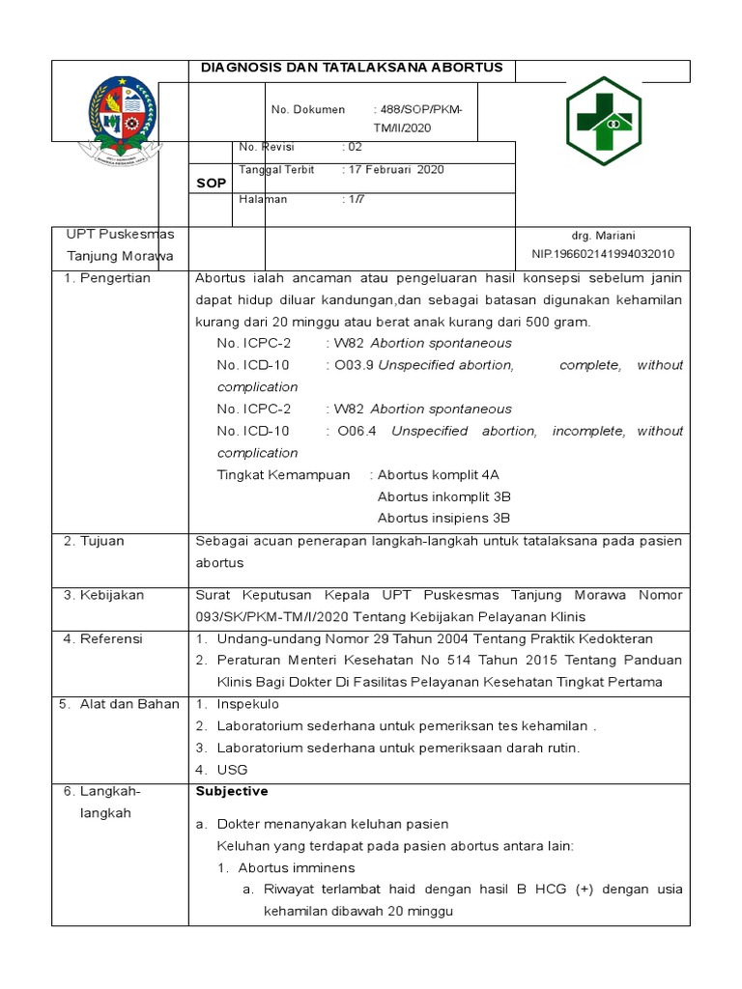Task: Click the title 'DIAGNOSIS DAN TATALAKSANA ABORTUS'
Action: click(352, 68)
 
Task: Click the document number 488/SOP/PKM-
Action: click(418, 110)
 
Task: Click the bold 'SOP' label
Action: click(212, 183)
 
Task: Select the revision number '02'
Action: click(355, 147)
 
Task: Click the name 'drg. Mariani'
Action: click(603, 236)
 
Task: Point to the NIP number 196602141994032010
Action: click(603, 254)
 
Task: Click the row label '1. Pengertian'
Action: click(107, 278)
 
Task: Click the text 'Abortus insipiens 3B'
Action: click(443, 518)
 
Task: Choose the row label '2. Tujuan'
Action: click(94, 541)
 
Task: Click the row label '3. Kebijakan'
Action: click(103, 595)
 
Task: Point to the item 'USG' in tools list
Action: click(233, 770)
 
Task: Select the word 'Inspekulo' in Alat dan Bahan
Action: click(247, 704)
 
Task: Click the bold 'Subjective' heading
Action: click(232, 791)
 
